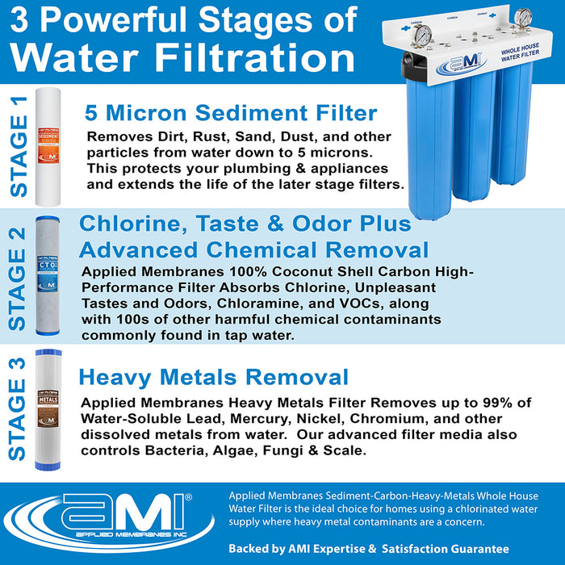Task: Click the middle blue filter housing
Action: point(474,137)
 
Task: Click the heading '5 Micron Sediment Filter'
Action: point(231,112)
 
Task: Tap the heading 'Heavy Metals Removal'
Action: point(213,377)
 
